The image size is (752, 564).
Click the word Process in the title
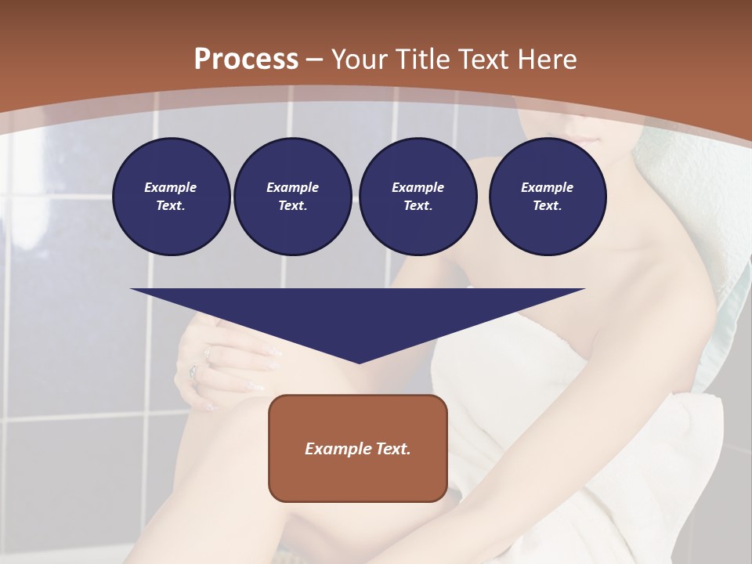(246, 60)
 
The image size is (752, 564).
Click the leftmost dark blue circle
(172, 197)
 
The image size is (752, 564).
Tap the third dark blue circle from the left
(418, 197)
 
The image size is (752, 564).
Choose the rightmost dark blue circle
(548, 197)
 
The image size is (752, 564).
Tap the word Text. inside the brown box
(392, 449)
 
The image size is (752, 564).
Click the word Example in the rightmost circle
(548, 187)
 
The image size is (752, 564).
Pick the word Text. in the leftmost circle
(171, 205)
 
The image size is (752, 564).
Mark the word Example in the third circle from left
(418, 187)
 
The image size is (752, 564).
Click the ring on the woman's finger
(193, 371)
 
